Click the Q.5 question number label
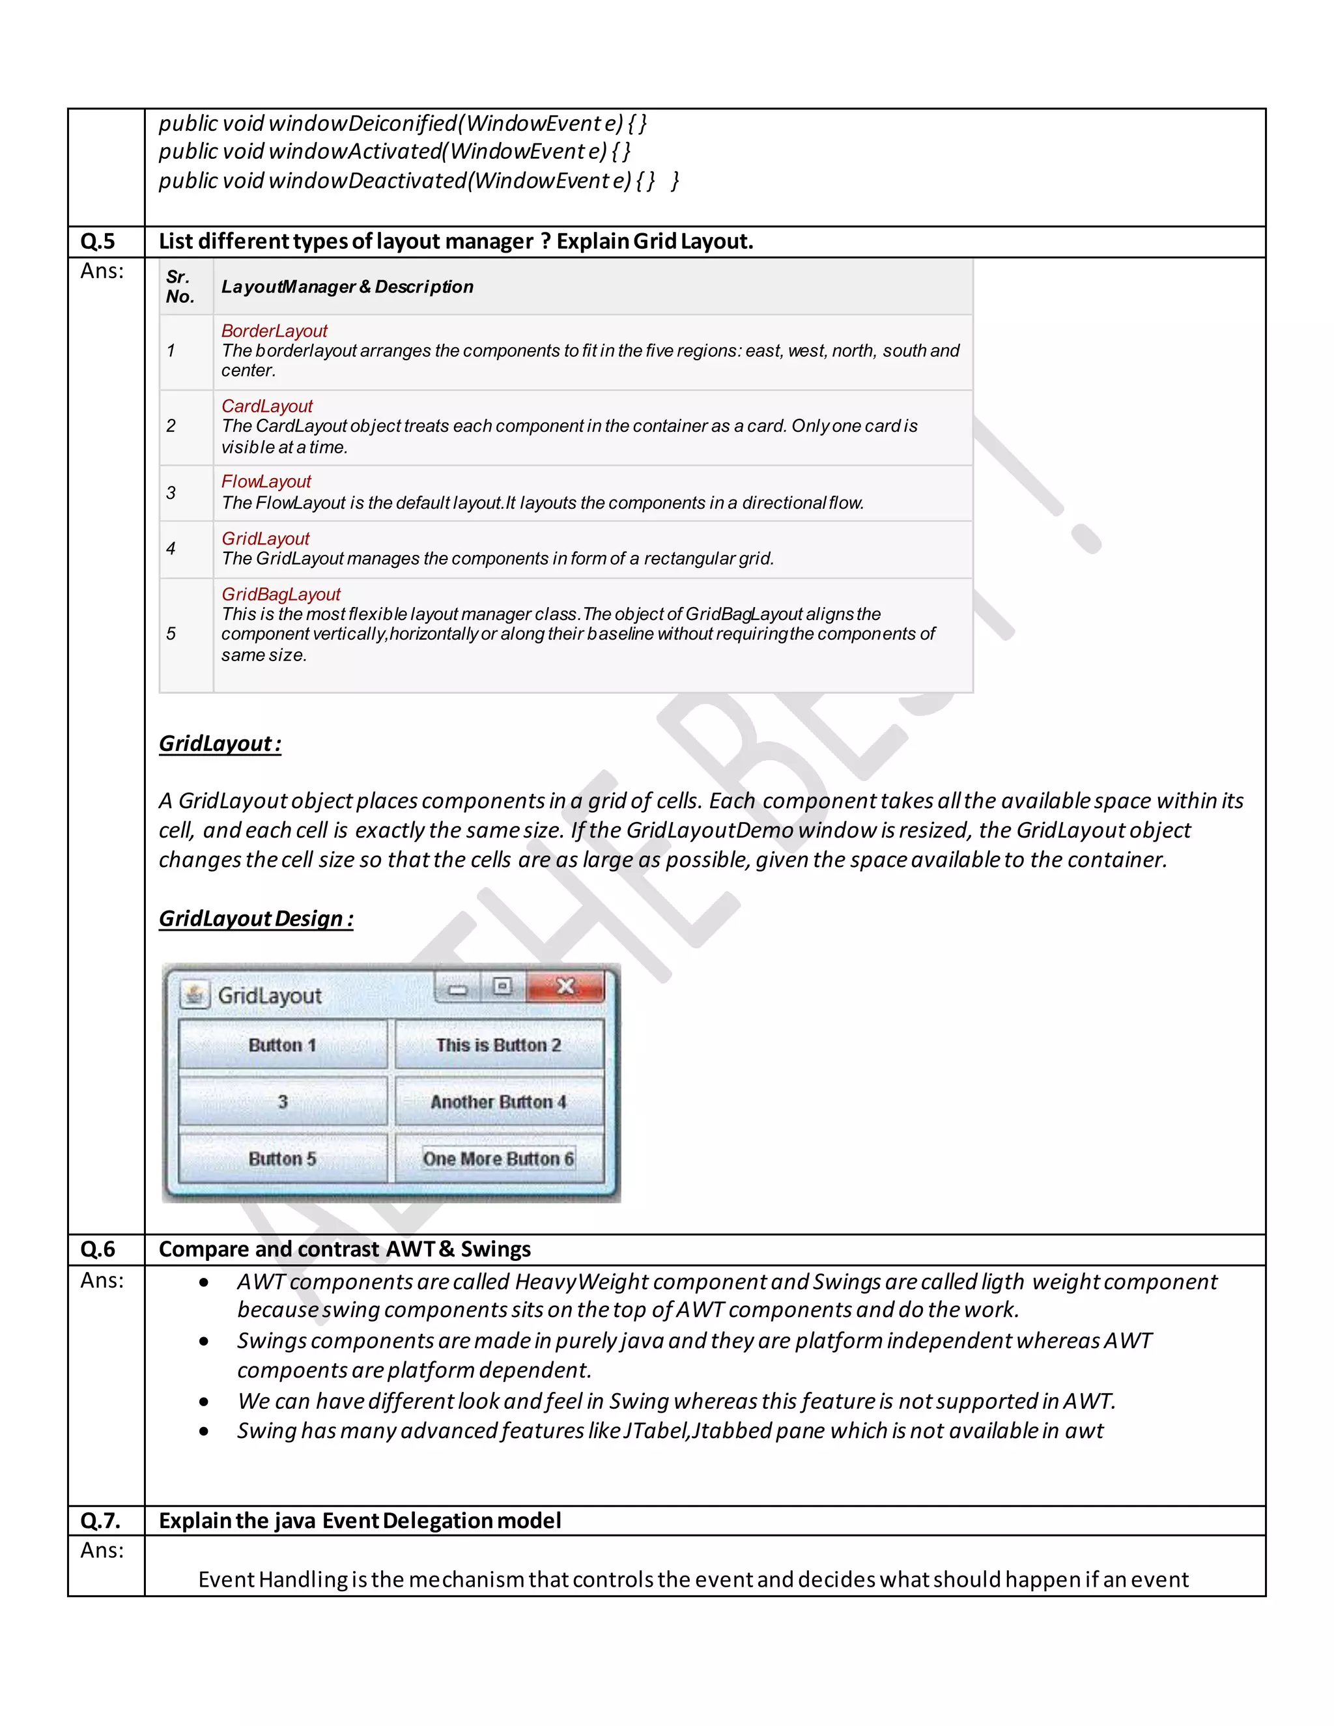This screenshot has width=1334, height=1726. pyautogui.click(x=98, y=241)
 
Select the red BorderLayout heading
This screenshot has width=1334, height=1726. pyautogui.click(x=274, y=331)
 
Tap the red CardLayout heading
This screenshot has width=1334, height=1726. pyautogui.click(x=266, y=406)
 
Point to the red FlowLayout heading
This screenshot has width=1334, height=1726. pyautogui.click(x=266, y=481)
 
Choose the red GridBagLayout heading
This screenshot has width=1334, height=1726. pyautogui.click(x=281, y=594)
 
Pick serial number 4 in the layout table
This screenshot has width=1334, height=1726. pyautogui.click(x=171, y=548)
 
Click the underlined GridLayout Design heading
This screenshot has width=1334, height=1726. pyautogui.click(x=256, y=918)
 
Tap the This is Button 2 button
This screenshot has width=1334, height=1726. pyautogui.click(x=499, y=1045)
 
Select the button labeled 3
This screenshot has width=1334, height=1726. pyautogui.click(x=282, y=1101)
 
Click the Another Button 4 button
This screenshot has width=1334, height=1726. pyautogui.click(x=499, y=1101)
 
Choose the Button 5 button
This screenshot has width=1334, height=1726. pyautogui.click(x=282, y=1159)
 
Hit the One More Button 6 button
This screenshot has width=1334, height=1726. pyautogui.click(x=499, y=1159)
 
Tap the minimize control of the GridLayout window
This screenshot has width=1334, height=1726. pyautogui.click(x=457, y=988)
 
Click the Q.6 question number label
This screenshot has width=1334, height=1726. pyautogui.click(x=98, y=1249)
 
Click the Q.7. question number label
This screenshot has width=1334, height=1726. pyautogui.click(x=100, y=1521)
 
